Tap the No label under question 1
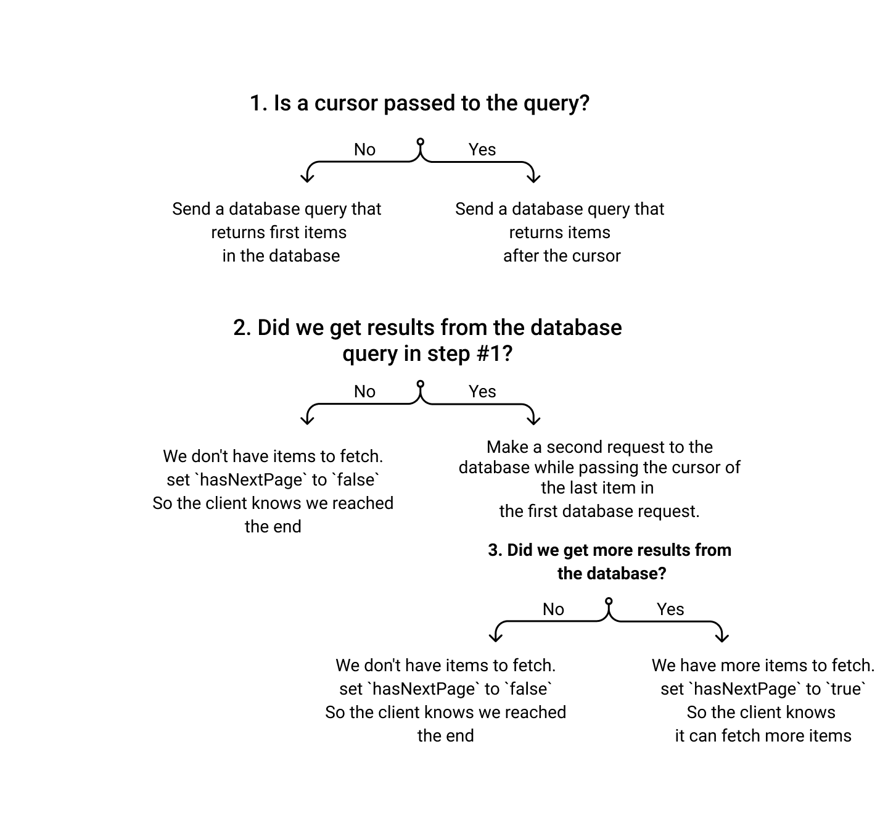click(x=364, y=149)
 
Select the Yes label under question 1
click(x=482, y=149)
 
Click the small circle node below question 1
click(x=421, y=142)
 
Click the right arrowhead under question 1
click(x=534, y=178)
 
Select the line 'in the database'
click(x=281, y=255)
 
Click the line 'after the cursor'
click(x=562, y=255)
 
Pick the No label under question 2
click(x=364, y=391)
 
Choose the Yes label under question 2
click(x=482, y=391)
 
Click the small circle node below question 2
click(x=421, y=384)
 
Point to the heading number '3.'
click(x=495, y=550)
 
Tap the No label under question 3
click(x=553, y=609)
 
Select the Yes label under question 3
click(x=670, y=609)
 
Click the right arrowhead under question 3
click(x=722, y=637)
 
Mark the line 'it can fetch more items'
click(x=763, y=735)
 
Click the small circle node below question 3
click(x=609, y=601)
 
